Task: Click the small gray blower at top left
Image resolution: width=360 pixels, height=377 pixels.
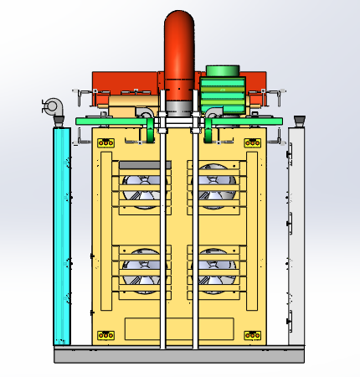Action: [x=53, y=106]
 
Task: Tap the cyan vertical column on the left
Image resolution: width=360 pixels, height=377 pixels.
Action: [x=59, y=235]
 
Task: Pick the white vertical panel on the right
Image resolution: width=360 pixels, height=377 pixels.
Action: [x=298, y=235]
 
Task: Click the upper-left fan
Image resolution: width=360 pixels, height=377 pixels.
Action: [x=142, y=188]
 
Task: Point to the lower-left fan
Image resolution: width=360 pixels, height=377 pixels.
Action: [x=142, y=270]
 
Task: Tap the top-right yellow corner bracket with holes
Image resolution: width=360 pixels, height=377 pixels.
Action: [x=252, y=143]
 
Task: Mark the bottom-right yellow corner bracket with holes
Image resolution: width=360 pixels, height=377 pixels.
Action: [x=252, y=336]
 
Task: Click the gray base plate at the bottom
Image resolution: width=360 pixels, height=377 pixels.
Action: [x=180, y=355]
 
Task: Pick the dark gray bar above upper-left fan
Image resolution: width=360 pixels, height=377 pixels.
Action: [x=145, y=165]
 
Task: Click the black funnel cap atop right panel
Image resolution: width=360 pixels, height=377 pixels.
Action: [x=298, y=121]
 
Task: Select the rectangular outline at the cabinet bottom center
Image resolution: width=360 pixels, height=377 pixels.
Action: [x=178, y=328]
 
